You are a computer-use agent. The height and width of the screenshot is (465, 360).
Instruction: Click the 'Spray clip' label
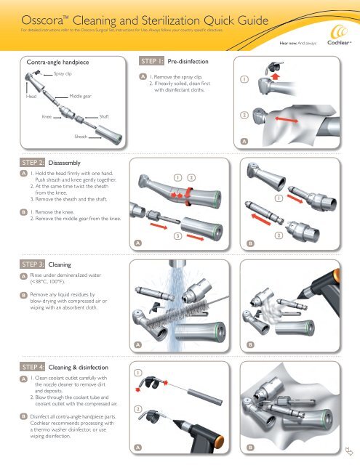click(63, 75)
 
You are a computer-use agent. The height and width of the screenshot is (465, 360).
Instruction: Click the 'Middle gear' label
click(80, 95)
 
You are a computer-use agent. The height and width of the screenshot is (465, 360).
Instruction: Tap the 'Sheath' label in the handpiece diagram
click(82, 136)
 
